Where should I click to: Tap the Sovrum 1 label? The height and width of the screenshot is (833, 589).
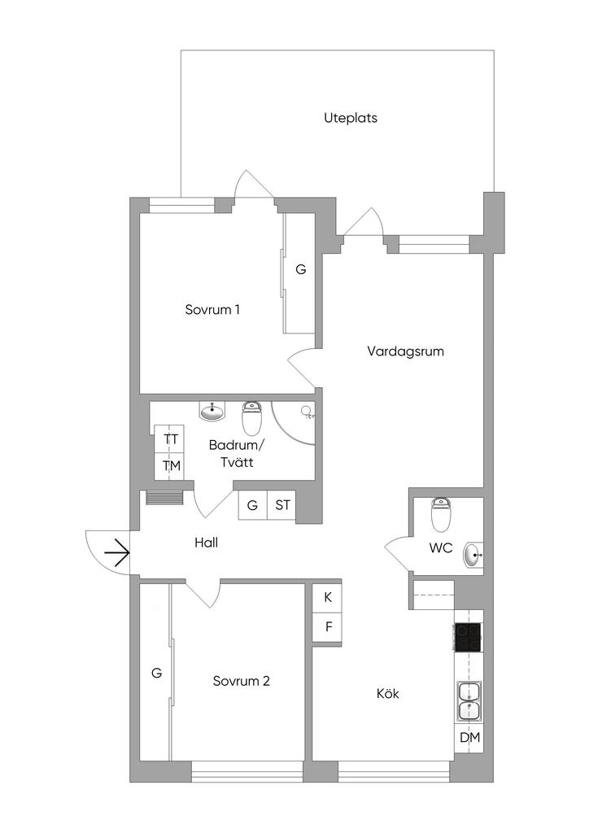click(x=212, y=310)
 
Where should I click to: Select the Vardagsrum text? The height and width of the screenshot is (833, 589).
click(x=404, y=352)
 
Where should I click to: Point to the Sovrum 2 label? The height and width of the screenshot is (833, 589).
click(x=241, y=682)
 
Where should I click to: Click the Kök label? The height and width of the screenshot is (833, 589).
click(x=388, y=694)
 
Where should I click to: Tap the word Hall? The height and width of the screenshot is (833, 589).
click(x=206, y=543)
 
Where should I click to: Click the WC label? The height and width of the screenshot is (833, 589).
click(x=440, y=548)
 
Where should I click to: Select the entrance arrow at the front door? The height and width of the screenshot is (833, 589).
click(x=116, y=553)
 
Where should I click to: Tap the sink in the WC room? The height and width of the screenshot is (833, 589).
click(x=473, y=556)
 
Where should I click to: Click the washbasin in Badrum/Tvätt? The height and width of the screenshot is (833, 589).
click(x=213, y=411)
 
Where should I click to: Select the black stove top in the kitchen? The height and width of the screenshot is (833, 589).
click(x=467, y=637)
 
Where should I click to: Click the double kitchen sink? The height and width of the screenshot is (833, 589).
click(x=469, y=701)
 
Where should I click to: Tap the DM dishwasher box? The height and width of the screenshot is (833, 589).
click(x=469, y=738)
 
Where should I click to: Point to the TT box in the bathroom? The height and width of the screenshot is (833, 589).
click(x=171, y=439)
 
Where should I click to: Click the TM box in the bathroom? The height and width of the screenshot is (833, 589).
click(x=171, y=466)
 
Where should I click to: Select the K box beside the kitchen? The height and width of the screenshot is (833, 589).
click(x=328, y=597)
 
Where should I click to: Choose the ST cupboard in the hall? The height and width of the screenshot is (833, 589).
click(x=282, y=506)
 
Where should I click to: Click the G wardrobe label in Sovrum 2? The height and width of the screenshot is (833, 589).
click(x=157, y=673)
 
